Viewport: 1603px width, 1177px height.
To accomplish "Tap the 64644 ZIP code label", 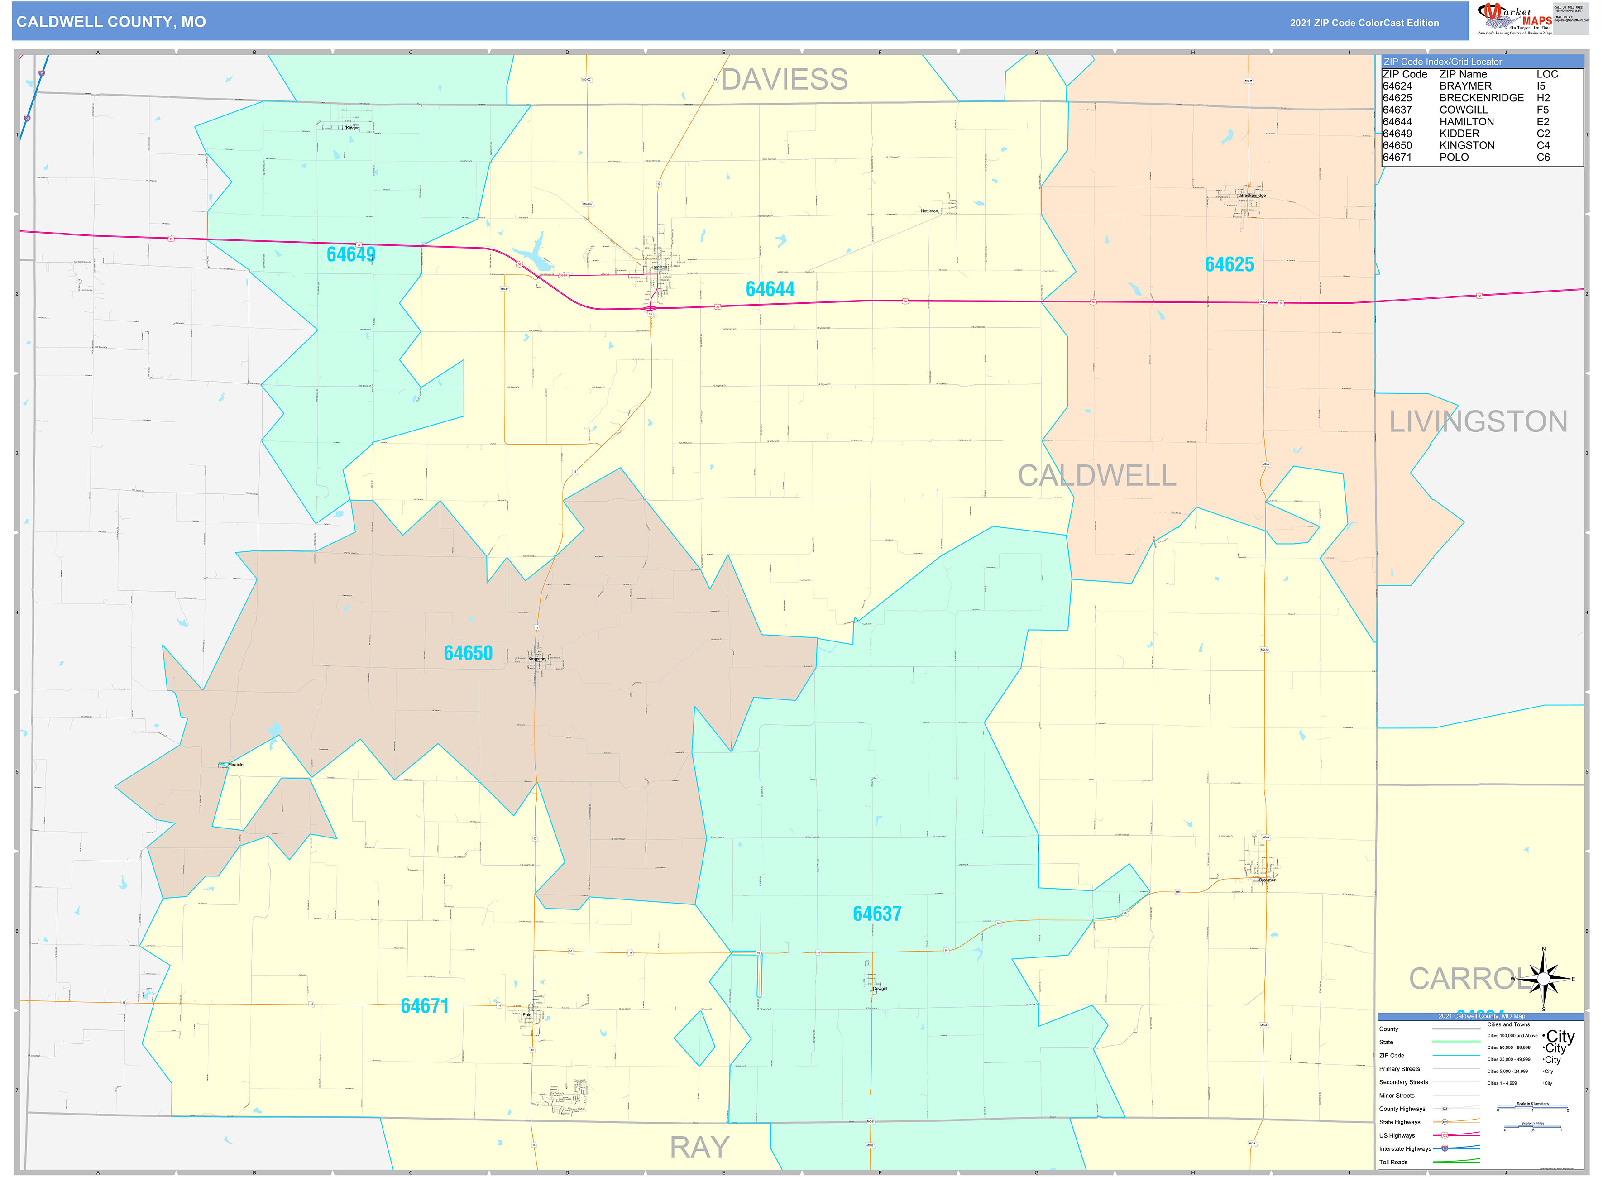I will [770, 289].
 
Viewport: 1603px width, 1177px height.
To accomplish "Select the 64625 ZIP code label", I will [1229, 264].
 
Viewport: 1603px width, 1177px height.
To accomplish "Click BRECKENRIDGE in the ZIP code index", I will [1481, 98].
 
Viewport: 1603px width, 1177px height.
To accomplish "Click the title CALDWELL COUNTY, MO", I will [111, 22].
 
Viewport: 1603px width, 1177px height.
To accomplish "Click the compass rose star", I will [1543, 980].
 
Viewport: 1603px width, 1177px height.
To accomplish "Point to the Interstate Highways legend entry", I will [1404, 1148].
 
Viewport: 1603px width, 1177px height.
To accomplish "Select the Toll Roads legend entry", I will [1393, 1162].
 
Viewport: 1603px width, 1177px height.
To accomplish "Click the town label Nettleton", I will [929, 211].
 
